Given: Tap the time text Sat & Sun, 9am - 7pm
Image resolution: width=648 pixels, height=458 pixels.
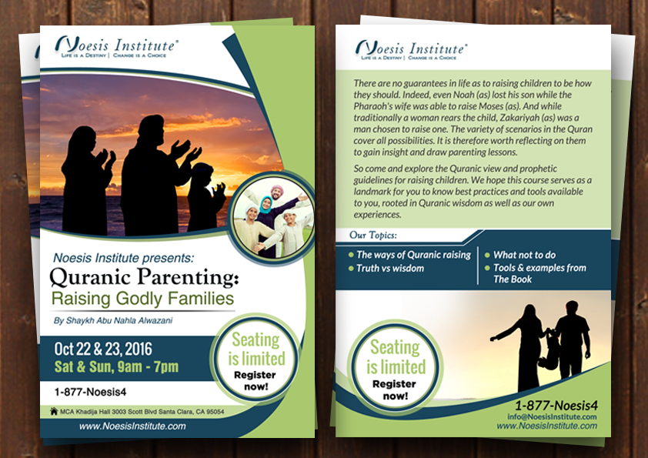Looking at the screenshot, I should tap(116, 366).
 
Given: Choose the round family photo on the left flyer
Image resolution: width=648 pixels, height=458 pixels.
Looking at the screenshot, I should tap(272, 218).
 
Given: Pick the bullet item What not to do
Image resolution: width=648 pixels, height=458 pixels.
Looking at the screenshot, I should tap(524, 255).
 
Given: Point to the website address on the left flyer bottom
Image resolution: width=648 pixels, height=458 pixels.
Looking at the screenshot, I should tap(132, 426).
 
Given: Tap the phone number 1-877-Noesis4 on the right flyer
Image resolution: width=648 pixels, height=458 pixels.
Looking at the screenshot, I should tap(556, 405).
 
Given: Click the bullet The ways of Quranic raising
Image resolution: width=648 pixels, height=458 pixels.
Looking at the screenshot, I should tap(413, 255).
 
